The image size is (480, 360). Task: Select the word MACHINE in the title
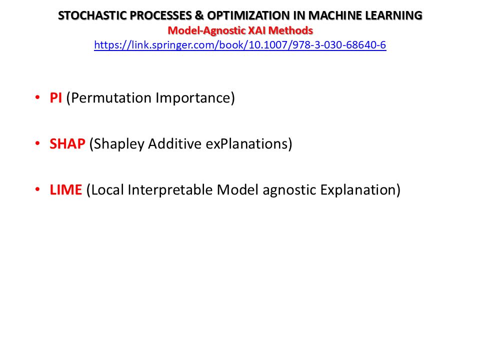click(337, 15)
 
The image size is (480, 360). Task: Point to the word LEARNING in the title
click(395, 15)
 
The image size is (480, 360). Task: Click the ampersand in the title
click(199, 15)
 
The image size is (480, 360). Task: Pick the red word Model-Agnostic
click(206, 30)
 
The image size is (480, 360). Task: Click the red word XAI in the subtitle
click(257, 30)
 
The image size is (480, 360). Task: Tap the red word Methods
click(290, 30)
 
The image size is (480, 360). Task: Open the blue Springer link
click(240, 45)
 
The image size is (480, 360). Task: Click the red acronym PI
click(55, 98)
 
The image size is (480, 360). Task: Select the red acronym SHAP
click(67, 144)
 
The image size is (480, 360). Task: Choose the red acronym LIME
click(66, 190)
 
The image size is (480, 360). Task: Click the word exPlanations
click(246, 144)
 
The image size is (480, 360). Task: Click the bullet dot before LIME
click(37, 189)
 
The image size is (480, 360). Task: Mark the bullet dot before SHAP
click(37, 143)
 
